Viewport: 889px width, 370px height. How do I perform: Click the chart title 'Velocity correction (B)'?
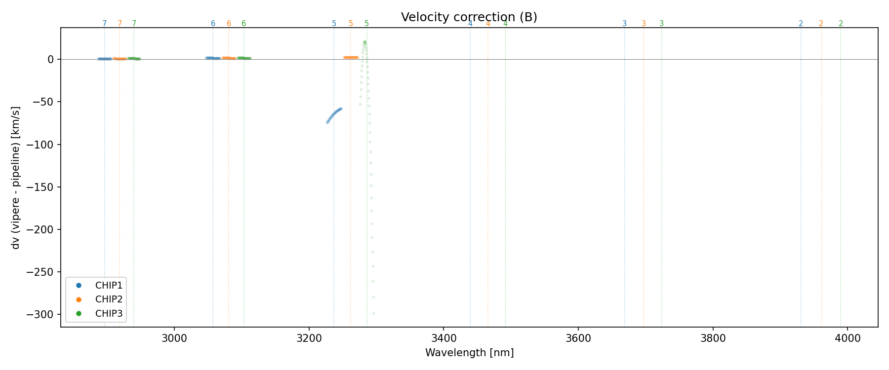(469, 17)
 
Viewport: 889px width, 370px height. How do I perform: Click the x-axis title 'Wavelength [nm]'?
(469, 353)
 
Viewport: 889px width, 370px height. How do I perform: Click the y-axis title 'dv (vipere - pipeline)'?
(16, 178)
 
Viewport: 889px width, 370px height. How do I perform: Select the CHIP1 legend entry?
(109, 285)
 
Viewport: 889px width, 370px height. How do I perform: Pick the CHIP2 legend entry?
(109, 299)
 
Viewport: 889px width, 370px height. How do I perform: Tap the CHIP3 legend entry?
(109, 313)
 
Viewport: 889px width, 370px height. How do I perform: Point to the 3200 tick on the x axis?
(309, 338)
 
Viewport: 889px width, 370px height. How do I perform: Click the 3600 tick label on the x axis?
(578, 338)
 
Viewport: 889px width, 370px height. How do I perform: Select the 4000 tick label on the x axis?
(848, 338)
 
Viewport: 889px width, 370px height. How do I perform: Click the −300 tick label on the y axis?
(43, 315)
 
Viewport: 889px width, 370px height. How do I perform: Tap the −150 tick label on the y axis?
(43, 187)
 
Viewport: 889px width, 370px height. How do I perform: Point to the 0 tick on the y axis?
(50, 59)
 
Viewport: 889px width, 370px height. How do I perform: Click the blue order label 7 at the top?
(104, 24)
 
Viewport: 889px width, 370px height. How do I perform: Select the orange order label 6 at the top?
(229, 24)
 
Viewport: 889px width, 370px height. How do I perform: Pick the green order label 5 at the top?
(366, 24)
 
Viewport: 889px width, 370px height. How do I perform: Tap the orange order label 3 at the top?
(644, 24)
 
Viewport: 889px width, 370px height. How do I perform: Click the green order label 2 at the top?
(841, 24)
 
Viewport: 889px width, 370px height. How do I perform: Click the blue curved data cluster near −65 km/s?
(334, 114)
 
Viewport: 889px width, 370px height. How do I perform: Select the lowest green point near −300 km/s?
(373, 313)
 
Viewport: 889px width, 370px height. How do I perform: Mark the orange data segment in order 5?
(351, 58)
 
